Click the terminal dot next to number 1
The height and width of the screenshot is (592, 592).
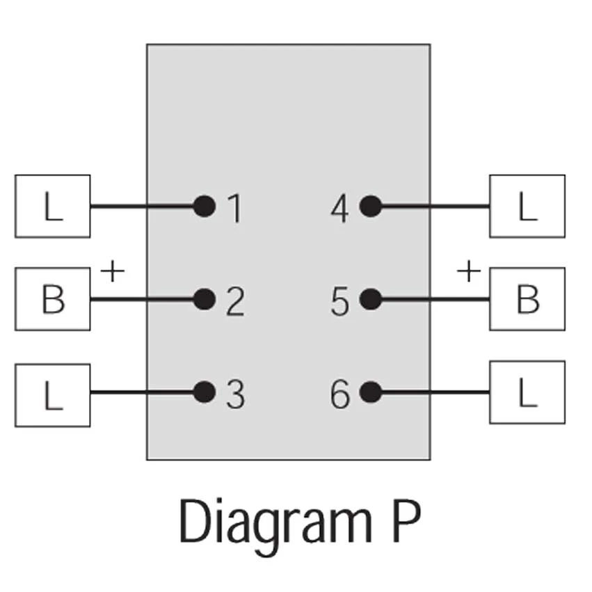click(x=204, y=206)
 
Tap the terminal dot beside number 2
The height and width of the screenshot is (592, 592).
click(x=204, y=299)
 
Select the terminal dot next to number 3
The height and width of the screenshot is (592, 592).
click(x=204, y=392)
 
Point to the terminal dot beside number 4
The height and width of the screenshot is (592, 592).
click(x=371, y=206)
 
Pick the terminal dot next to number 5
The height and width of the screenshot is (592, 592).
click(x=371, y=299)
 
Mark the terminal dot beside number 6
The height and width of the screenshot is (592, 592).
click(x=371, y=392)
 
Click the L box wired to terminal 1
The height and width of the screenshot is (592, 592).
click(x=52, y=206)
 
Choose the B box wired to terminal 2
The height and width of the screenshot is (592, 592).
click(x=52, y=299)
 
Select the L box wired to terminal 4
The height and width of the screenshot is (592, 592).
click(x=527, y=206)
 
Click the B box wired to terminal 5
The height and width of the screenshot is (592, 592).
click(x=527, y=299)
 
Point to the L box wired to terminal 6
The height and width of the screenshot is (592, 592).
click(x=527, y=392)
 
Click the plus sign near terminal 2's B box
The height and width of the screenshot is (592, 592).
click(x=112, y=270)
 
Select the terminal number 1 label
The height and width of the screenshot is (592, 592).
click(x=235, y=207)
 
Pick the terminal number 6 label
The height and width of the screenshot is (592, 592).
click(x=340, y=394)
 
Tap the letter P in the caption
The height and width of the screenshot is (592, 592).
click(x=403, y=520)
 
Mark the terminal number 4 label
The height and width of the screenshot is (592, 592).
click(x=340, y=207)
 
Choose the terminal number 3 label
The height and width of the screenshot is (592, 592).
click(x=235, y=394)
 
